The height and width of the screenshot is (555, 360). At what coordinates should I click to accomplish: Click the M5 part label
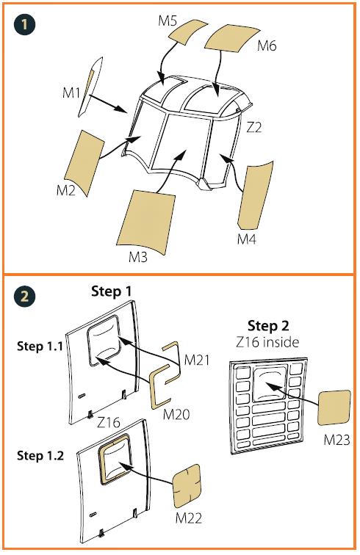pyautogui.click(x=168, y=21)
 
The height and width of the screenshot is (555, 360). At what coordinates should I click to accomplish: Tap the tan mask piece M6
pyautogui.click(x=232, y=38)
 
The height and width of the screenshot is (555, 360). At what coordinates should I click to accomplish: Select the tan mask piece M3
pyautogui.click(x=146, y=222)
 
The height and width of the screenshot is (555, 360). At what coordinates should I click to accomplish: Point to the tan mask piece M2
pyautogui.click(x=84, y=162)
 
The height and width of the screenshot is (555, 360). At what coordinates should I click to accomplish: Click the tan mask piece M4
pyautogui.click(x=255, y=196)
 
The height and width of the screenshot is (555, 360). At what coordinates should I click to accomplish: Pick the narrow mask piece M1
pyautogui.click(x=90, y=87)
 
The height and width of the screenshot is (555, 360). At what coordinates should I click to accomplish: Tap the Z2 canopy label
pyautogui.click(x=253, y=127)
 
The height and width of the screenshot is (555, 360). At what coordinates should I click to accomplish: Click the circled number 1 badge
pyautogui.click(x=24, y=24)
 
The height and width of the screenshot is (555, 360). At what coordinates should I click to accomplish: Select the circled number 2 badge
pyautogui.click(x=24, y=296)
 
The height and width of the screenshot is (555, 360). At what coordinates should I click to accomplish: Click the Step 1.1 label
pyautogui.click(x=40, y=346)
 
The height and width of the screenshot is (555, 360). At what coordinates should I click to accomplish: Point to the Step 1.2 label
pyautogui.click(x=40, y=455)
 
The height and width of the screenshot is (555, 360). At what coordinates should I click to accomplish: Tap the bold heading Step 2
pyautogui.click(x=268, y=326)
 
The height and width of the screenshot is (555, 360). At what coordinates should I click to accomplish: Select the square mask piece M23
pyautogui.click(x=334, y=407)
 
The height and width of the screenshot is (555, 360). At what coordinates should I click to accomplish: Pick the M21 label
pyautogui.click(x=197, y=360)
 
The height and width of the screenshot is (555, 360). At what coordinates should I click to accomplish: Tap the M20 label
pyautogui.click(x=176, y=414)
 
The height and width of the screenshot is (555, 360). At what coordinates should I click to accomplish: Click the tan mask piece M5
pyautogui.click(x=187, y=32)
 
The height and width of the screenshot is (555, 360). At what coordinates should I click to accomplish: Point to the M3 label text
pyautogui.click(x=138, y=257)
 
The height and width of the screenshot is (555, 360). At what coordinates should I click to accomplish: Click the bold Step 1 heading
pyautogui.click(x=112, y=291)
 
